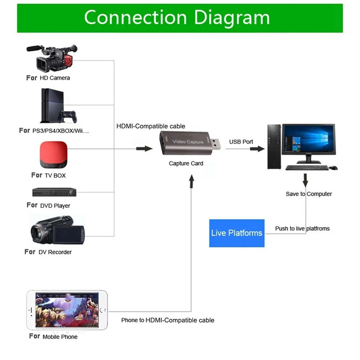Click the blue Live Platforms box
(x=237, y=233)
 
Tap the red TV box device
(x=54, y=153)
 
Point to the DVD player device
(x=54, y=192)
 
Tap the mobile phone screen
(x=67, y=310)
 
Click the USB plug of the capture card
(x=216, y=144)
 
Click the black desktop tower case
(x=274, y=146)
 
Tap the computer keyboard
(x=307, y=167)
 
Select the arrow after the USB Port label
(x=257, y=148)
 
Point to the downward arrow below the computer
(x=306, y=180)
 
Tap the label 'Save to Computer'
(x=309, y=194)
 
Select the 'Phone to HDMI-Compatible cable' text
(x=167, y=320)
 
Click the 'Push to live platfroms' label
(x=302, y=229)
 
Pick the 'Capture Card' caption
(x=186, y=163)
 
